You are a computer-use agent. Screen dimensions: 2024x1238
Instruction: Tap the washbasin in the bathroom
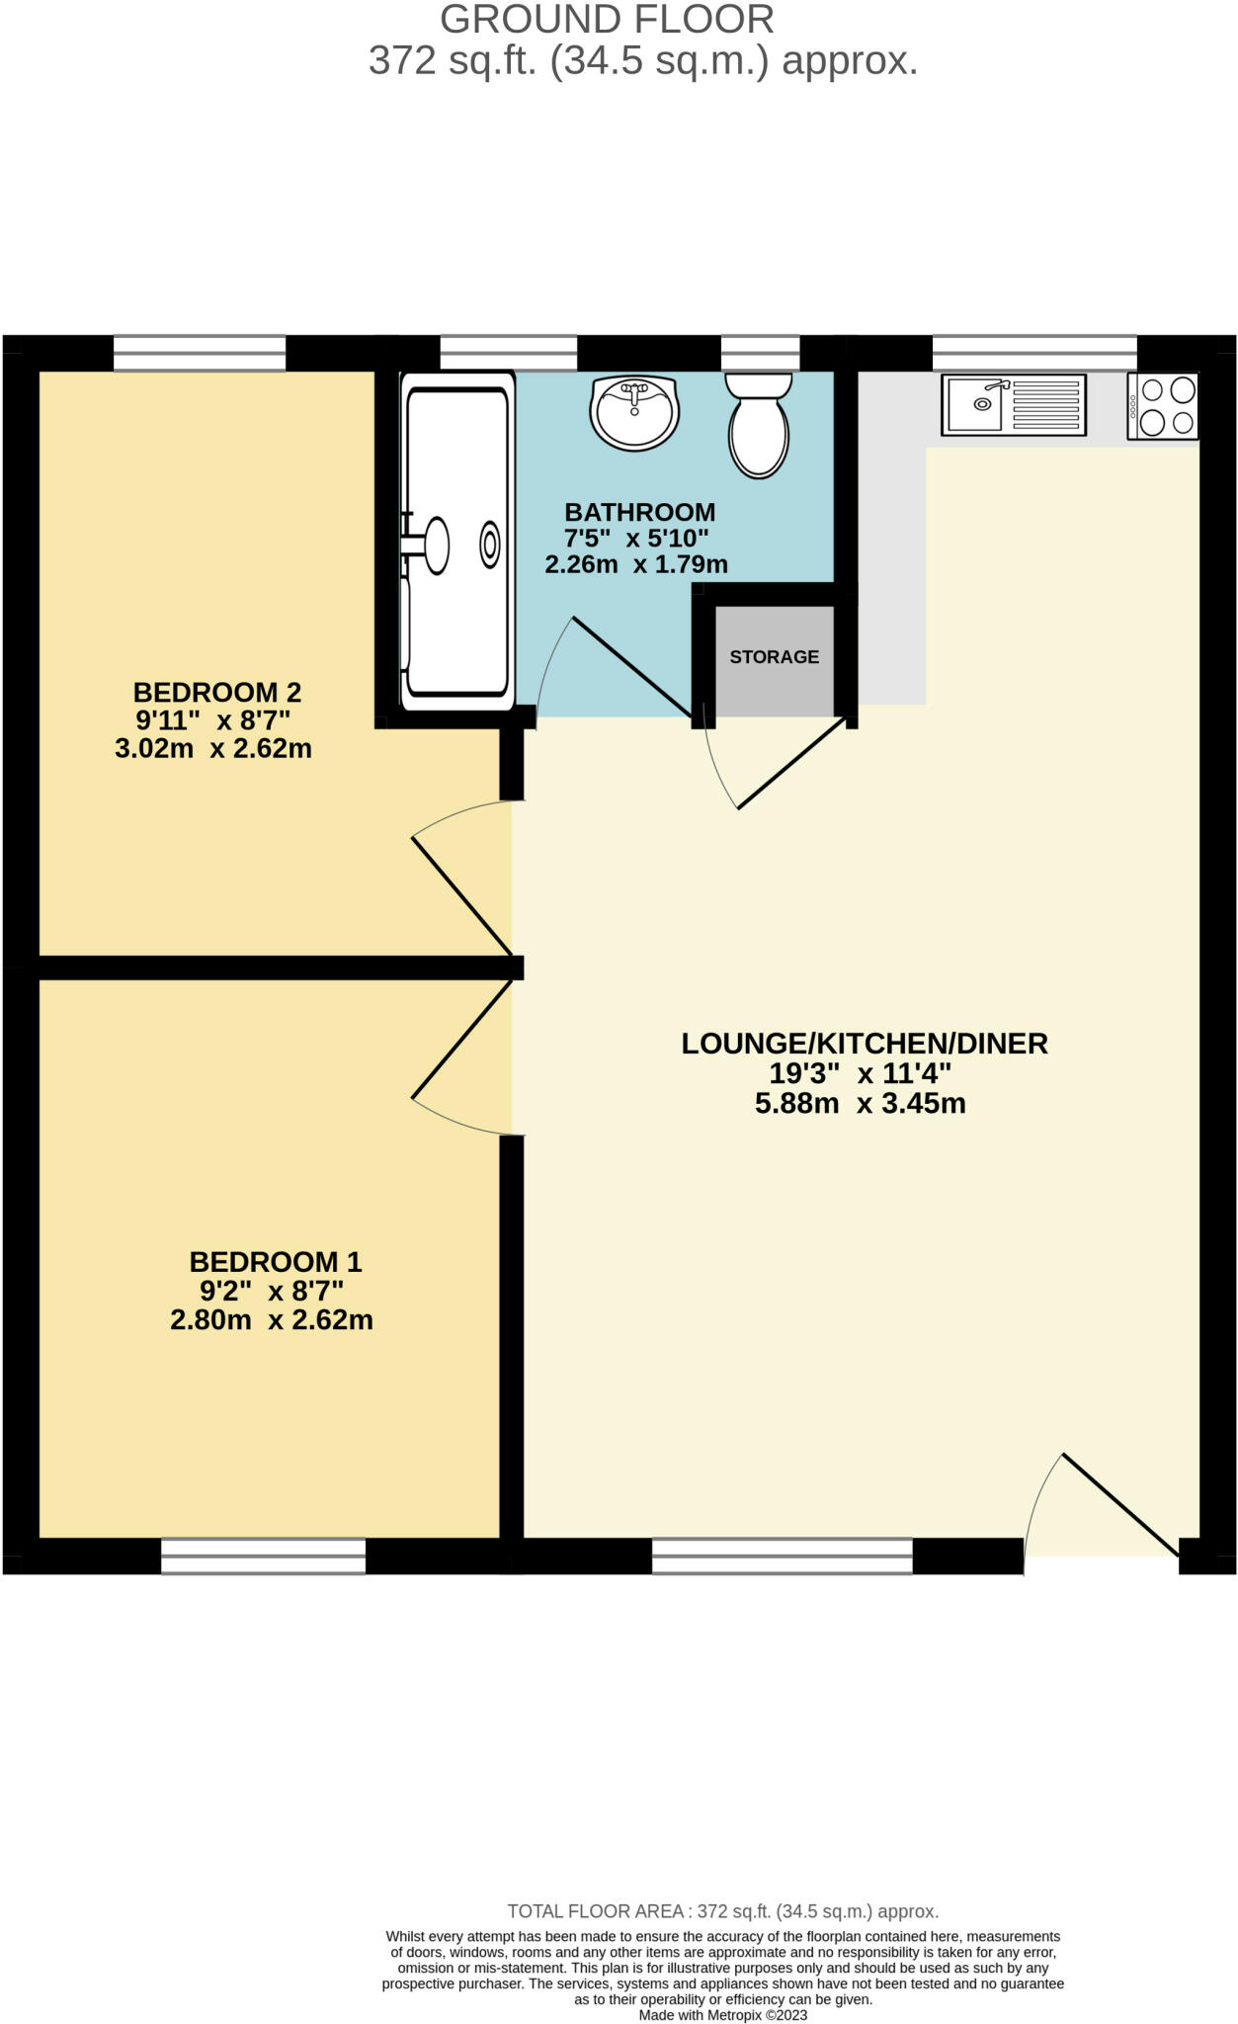(634, 412)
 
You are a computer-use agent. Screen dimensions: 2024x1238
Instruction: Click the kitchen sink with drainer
(1013, 404)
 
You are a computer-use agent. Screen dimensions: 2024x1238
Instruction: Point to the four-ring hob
(1163, 406)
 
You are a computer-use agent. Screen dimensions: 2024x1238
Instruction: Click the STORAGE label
(774, 657)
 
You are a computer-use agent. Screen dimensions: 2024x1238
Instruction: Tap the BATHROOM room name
(639, 512)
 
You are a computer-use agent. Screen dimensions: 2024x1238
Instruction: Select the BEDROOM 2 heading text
(216, 692)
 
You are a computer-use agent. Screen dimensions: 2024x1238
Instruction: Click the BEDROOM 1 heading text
(276, 1262)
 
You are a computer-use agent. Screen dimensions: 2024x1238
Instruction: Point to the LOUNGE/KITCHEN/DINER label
(864, 1044)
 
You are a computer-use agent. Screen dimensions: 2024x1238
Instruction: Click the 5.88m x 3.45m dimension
(860, 1104)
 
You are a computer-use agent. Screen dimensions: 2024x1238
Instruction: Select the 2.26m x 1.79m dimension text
(636, 564)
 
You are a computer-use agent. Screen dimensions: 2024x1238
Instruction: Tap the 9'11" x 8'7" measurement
(213, 720)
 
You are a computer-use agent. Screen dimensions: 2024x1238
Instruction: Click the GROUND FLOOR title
(607, 20)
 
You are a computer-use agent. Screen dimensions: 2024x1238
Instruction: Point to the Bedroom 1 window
(263, 1557)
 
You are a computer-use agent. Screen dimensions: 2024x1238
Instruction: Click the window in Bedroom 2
(200, 353)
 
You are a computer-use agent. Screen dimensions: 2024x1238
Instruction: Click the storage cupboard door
(791, 762)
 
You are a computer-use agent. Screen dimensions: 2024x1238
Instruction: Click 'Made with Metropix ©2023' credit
(722, 2015)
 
